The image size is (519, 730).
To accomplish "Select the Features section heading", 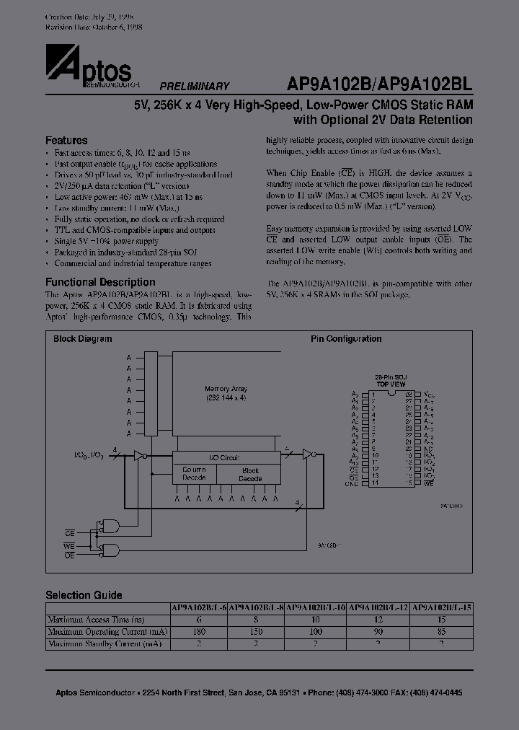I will point(66,141).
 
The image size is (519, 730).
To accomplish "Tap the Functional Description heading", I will point(100,282).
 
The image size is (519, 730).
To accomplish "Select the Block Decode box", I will point(249,474).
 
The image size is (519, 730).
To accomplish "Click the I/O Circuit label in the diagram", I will point(224,457).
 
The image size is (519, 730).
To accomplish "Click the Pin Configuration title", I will point(346,339).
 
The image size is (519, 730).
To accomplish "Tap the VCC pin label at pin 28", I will point(430,395).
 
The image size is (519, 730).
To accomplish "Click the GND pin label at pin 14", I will point(352,483).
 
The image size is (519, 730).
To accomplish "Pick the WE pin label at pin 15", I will point(429,483).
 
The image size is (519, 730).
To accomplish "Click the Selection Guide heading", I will point(84,595).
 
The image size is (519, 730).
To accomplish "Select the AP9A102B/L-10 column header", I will point(316,607).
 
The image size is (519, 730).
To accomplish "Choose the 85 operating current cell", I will point(441,631).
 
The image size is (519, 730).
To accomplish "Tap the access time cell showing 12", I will point(379,620).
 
